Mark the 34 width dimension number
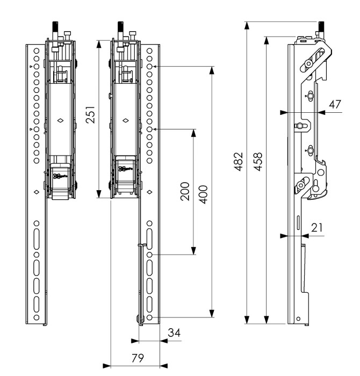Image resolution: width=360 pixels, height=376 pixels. pos(174,333)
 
